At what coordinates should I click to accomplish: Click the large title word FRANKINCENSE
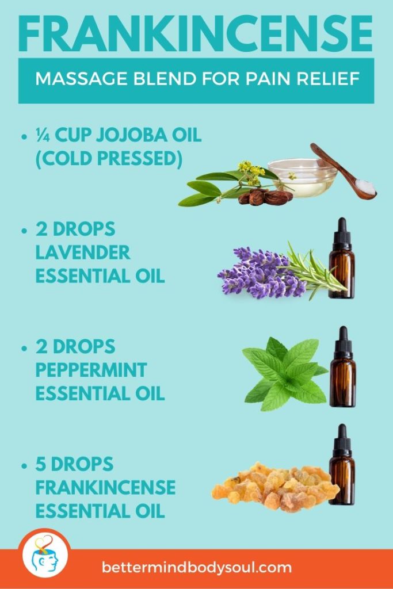(196, 33)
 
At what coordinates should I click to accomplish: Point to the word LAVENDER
(83, 252)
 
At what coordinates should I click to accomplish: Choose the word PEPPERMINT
(91, 370)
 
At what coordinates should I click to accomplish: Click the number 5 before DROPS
(42, 464)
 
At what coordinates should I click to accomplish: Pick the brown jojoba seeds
(265, 197)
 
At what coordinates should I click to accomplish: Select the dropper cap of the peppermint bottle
(343, 341)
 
